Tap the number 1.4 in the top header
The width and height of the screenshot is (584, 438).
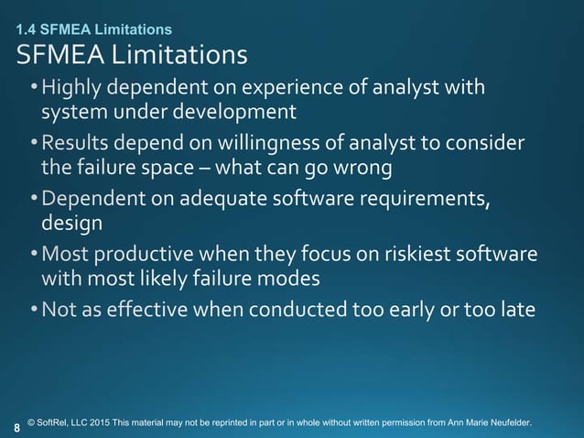(27, 30)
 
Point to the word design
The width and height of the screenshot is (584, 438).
(72, 224)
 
